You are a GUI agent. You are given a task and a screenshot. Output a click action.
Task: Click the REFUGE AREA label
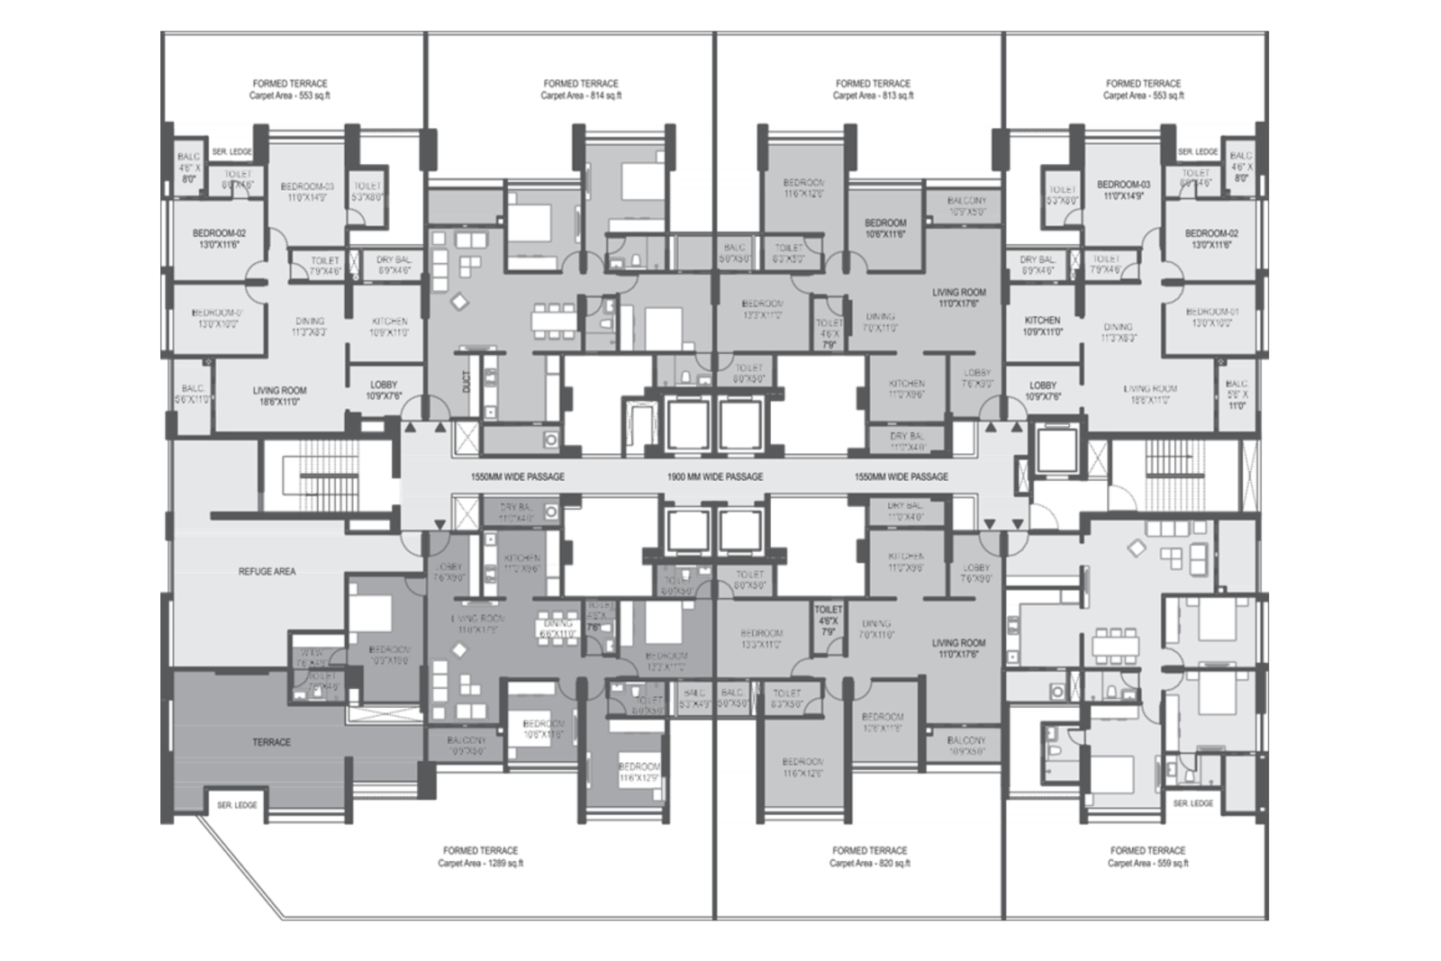(x=267, y=571)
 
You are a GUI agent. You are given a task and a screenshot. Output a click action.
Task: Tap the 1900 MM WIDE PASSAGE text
(x=714, y=476)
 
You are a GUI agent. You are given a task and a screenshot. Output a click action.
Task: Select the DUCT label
(x=467, y=382)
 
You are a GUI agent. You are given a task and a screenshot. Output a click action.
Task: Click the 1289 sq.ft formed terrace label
(x=480, y=857)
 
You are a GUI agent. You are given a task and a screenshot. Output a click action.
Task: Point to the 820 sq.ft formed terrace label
(x=869, y=857)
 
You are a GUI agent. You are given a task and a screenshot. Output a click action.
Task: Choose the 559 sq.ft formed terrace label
(x=1147, y=857)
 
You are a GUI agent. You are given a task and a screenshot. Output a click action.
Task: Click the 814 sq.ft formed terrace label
(x=581, y=89)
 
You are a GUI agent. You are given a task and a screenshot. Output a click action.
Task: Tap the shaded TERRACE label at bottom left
(x=271, y=742)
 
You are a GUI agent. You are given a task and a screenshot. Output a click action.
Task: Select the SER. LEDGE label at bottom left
(x=237, y=805)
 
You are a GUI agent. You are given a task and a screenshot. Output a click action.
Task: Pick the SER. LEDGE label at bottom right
(x=1192, y=802)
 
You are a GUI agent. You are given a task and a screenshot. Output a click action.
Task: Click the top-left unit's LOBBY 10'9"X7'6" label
(x=384, y=390)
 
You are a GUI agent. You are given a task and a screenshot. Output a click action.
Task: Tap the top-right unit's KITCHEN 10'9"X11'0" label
(x=1042, y=326)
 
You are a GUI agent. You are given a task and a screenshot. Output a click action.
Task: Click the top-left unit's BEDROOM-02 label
(x=219, y=239)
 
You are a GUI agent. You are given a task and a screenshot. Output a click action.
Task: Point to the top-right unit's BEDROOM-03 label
(x=1123, y=190)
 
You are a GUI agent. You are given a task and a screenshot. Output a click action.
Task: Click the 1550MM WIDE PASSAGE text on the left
(x=517, y=476)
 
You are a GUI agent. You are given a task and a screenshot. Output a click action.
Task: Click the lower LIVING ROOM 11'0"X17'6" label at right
(x=958, y=648)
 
